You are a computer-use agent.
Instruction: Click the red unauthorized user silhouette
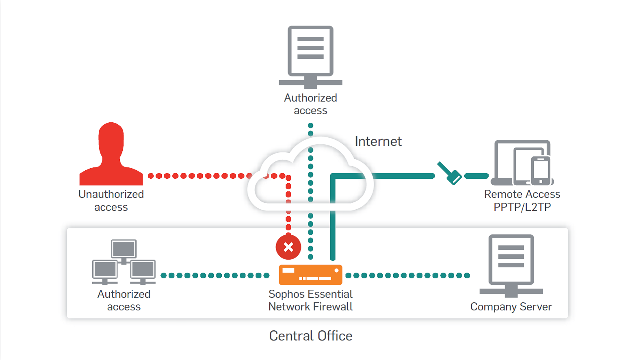click(x=111, y=156)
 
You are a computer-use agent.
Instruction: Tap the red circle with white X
click(x=288, y=247)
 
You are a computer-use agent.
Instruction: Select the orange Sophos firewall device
click(x=310, y=275)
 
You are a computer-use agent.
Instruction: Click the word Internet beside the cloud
click(x=378, y=141)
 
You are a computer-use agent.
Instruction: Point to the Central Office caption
click(x=311, y=336)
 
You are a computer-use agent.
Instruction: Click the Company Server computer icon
click(x=511, y=264)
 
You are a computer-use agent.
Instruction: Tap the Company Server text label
click(x=511, y=307)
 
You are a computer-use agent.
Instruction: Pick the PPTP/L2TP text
click(x=522, y=207)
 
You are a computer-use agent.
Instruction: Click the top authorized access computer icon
click(x=310, y=55)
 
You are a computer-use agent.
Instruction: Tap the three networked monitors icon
click(x=124, y=262)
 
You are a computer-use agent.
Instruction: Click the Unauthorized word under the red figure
click(x=111, y=194)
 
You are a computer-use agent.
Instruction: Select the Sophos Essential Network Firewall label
click(x=310, y=300)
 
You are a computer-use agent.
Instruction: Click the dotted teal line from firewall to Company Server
click(x=407, y=275)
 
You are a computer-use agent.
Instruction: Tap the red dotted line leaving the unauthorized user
click(x=199, y=176)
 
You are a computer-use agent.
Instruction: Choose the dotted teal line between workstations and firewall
click(x=215, y=275)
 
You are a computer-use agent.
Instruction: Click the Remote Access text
click(x=522, y=194)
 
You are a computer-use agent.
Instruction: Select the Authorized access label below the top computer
click(x=310, y=104)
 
